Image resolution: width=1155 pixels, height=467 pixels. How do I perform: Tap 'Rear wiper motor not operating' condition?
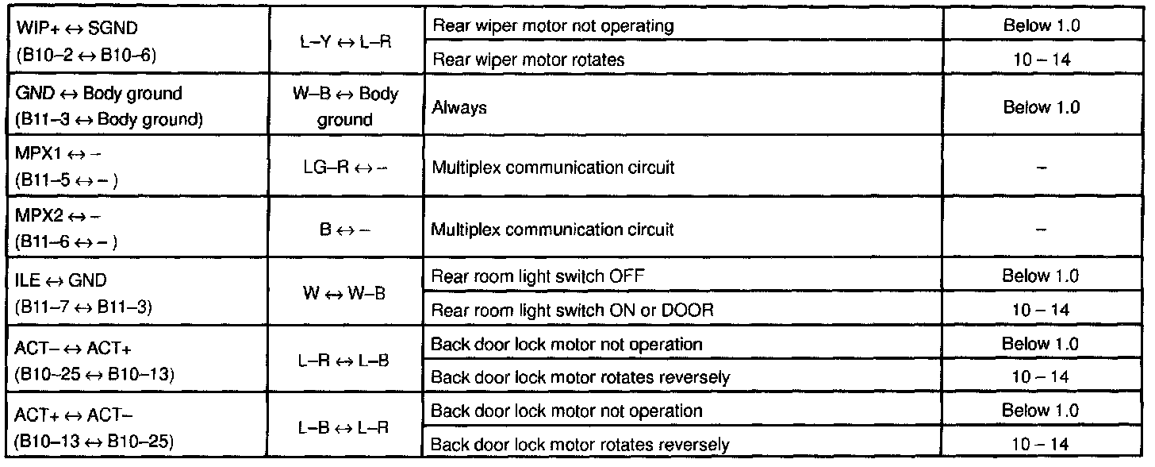[552, 25]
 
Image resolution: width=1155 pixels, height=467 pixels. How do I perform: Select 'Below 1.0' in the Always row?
[1041, 108]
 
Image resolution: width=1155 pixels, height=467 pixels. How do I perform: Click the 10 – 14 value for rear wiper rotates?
[1041, 60]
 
